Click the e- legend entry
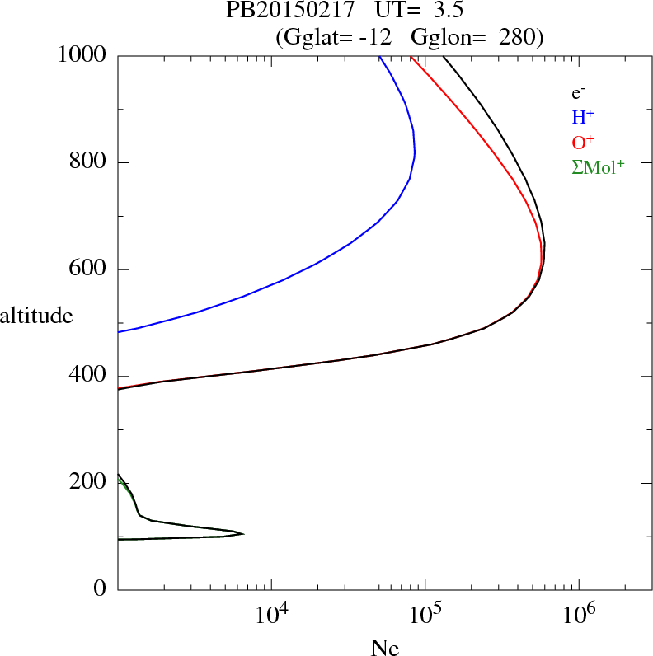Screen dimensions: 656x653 click(x=578, y=92)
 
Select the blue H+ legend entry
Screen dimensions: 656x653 click(x=583, y=117)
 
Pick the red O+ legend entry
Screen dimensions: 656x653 click(x=583, y=142)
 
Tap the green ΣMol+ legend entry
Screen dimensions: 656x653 click(x=598, y=166)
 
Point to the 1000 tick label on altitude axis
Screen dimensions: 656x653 click(x=82, y=55)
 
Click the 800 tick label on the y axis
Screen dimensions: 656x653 click(x=88, y=162)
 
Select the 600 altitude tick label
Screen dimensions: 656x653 click(x=88, y=269)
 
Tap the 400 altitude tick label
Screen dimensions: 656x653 click(x=88, y=376)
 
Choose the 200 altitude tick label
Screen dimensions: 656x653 click(x=88, y=483)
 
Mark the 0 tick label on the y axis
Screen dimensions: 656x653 click(x=101, y=589)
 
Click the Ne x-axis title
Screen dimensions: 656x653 click(x=385, y=648)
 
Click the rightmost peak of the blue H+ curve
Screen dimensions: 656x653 click(x=415, y=153)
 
